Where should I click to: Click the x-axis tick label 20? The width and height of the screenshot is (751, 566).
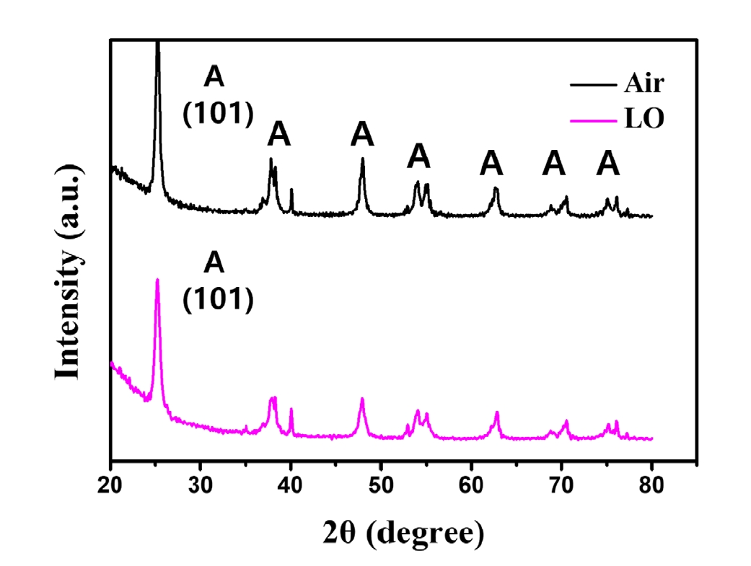click(x=110, y=485)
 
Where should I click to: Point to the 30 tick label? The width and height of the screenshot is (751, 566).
click(x=201, y=485)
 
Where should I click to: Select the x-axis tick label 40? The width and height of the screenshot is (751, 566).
click(x=290, y=485)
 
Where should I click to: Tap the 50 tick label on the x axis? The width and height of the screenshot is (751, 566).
click(x=381, y=485)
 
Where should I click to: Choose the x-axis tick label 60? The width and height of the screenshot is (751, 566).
click(x=471, y=485)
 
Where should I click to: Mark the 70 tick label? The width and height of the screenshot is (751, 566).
click(x=561, y=485)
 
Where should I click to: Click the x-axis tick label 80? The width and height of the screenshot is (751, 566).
click(x=651, y=485)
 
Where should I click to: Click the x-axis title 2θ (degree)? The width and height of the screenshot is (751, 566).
click(x=403, y=534)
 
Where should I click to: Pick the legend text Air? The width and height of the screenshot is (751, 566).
click(x=644, y=84)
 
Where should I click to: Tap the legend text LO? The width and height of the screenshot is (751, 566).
click(x=644, y=118)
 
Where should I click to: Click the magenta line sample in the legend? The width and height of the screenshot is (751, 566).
click(x=593, y=120)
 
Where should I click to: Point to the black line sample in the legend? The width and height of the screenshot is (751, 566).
click(x=593, y=85)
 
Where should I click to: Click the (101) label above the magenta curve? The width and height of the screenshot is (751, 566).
click(x=218, y=299)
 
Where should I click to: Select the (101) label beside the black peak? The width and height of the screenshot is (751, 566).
click(x=218, y=114)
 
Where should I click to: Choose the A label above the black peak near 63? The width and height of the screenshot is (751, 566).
click(x=491, y=163)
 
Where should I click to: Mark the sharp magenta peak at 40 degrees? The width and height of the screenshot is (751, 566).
click(x=291, y=409)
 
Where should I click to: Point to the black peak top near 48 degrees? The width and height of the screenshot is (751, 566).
click(x=363, y=158)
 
